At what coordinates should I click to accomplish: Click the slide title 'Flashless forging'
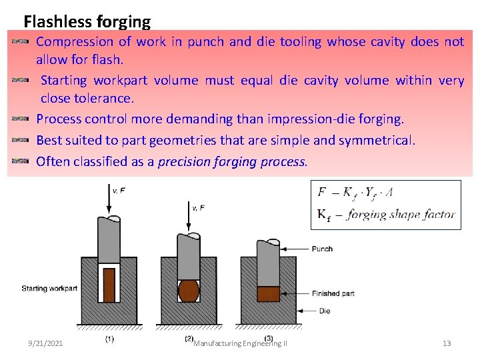[87, 22]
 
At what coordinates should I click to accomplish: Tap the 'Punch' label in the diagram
[322, 249]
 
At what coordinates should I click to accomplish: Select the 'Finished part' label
[333, 293]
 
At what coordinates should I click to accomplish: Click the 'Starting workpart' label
[49, 289]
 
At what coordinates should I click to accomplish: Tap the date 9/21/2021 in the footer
[46, 343]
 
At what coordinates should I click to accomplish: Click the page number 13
[447, 343]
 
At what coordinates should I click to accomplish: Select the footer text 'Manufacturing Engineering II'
[240, 344]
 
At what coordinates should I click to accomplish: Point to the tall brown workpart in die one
[109, 285]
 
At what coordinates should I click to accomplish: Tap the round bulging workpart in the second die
[189, 291]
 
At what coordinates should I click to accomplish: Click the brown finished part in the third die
[268, 294]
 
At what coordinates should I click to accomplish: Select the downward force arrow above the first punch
[108, 201]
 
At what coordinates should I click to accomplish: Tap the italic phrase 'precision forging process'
[232, 161]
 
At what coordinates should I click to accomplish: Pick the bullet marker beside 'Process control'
[21, 119]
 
